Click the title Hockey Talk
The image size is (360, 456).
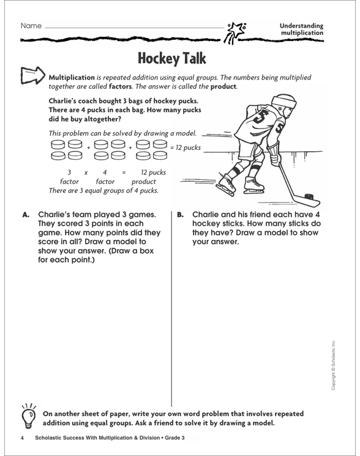pos(172,58)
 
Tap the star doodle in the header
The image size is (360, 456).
pos(235,31)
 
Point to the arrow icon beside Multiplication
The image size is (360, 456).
pos(33,76)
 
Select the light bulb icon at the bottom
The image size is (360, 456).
pos(29,416)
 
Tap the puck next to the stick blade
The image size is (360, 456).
pos(309,196)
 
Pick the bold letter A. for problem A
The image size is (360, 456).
pos(26,215)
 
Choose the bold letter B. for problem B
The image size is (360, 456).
pos(180,215)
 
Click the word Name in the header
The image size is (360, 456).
pos(31,26)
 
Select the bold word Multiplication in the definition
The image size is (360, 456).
pos(72,78)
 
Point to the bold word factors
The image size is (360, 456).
pos(120,86)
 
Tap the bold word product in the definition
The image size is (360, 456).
pos(223,87)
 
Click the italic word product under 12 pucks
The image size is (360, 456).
pos(144,182)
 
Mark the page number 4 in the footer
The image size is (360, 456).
pos(22,438)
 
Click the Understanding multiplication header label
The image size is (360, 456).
pos(302,29)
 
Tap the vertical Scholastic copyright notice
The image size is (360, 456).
pos(333,365)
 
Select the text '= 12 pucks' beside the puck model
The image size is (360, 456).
pos(186,148)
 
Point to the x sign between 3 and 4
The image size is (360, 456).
pos(86,173)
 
